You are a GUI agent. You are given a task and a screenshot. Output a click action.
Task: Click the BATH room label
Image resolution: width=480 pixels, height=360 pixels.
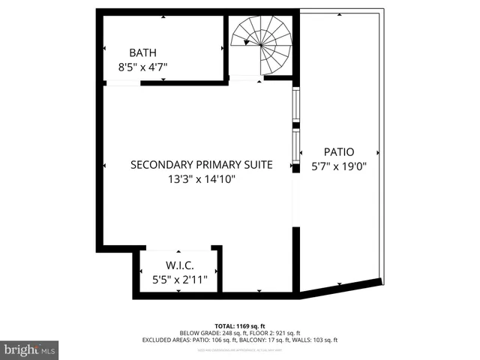142,52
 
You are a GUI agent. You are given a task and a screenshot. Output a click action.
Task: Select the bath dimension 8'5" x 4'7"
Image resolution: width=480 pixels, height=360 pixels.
142,67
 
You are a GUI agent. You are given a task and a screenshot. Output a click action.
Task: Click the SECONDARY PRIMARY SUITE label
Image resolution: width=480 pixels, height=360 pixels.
201,165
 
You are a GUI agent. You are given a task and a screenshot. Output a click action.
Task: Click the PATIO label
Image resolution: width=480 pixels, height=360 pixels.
339,151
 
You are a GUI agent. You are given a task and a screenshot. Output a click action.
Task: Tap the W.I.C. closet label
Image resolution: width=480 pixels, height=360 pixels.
180,265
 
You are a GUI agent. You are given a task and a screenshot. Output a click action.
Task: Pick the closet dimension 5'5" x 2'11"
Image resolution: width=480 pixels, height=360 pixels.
180,279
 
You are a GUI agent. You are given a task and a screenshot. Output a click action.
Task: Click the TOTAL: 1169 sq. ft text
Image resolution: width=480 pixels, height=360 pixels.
239,325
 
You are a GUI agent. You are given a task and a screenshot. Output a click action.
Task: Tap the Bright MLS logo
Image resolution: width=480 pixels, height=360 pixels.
30,349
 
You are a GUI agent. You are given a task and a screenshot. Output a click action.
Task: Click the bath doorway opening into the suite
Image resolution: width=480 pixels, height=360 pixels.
122,83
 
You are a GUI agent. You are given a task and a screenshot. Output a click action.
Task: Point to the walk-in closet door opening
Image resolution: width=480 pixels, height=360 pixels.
178,249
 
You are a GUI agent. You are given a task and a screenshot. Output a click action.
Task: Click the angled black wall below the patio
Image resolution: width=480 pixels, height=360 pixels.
341,289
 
